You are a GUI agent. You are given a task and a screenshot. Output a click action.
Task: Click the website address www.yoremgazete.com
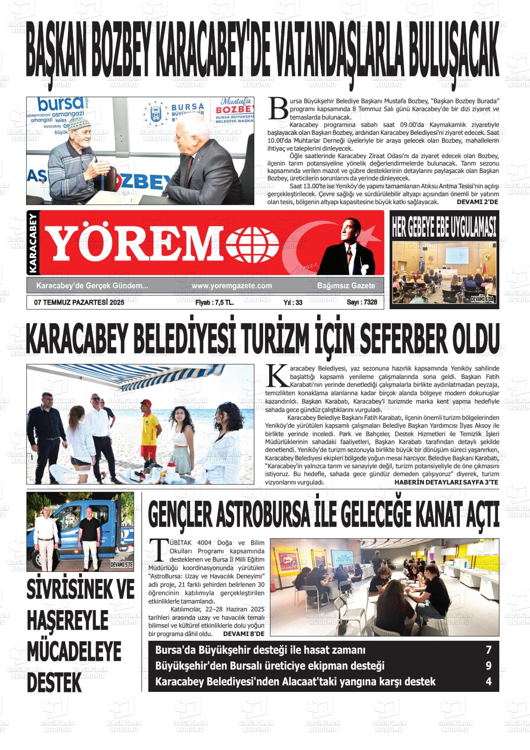pos(232,285)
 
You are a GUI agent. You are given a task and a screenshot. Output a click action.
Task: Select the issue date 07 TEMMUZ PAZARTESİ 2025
pos(79,302)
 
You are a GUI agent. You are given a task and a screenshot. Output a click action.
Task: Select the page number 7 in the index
pos(489,650)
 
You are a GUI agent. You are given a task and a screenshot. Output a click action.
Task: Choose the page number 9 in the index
pos(489,666)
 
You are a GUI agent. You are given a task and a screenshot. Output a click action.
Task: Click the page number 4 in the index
pos(489,682)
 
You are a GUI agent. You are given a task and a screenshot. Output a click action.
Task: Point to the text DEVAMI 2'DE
pos(477,202)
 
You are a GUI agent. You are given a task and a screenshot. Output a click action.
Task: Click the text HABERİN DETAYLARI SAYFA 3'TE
pos(446,482)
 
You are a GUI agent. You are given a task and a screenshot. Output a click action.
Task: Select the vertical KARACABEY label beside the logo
pos(32,243)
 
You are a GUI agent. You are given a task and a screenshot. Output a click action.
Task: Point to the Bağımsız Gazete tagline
pos(346,285)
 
